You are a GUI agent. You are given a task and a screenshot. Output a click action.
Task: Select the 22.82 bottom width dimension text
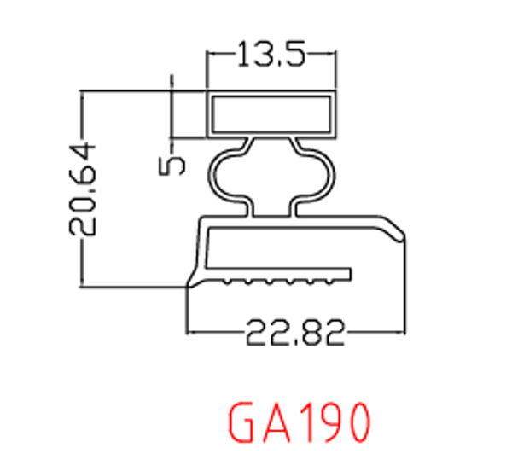point(295,332)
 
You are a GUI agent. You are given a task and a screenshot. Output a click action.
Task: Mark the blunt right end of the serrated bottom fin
point(349,274)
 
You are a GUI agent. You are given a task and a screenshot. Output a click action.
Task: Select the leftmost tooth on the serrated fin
point(224,281)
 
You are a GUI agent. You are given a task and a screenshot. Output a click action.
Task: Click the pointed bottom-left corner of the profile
point(188,288)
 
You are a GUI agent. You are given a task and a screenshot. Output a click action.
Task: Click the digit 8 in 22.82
point(310,332)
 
